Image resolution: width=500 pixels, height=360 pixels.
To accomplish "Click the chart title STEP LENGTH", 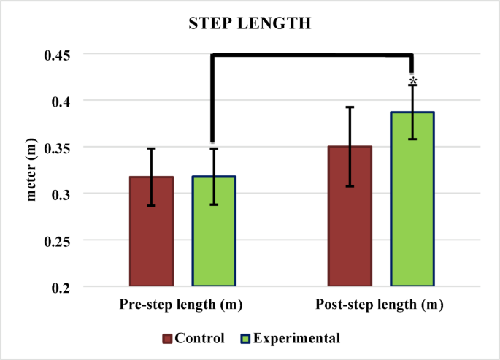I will coord(250,23).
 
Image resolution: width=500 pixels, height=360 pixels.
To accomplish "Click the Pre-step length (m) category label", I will coord(181,304).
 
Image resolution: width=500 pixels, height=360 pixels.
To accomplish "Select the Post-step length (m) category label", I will coord(380,304).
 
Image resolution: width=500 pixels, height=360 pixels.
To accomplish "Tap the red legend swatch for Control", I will coord(167,338).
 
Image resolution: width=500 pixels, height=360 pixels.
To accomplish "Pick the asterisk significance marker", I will coord(413,80).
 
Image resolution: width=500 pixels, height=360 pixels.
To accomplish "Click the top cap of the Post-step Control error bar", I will coord(350,107).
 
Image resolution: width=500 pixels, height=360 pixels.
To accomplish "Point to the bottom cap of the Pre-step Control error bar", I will coord(151,205).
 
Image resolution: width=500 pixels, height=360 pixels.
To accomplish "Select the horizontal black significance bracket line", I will coord(312,55).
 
